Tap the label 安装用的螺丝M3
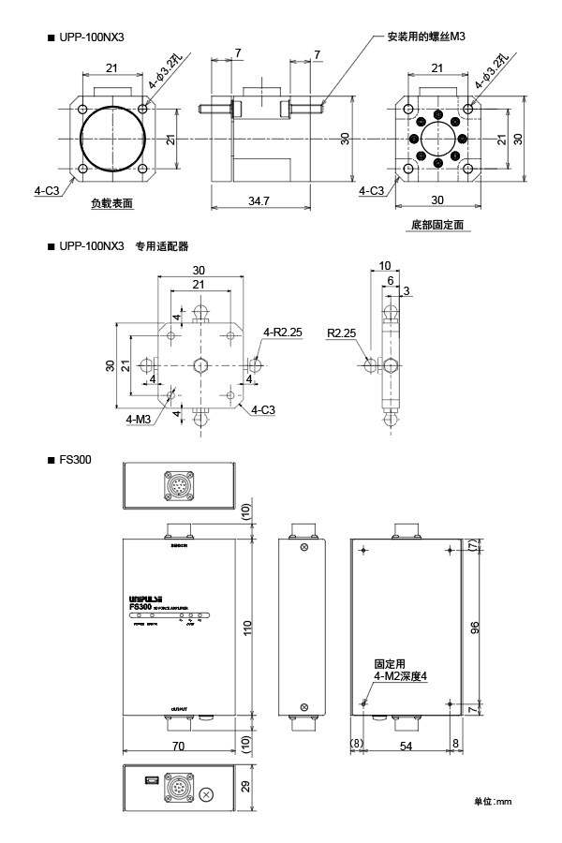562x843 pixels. coord(424,37)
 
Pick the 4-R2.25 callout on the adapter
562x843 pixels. coord(282,332)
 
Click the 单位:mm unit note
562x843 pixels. coord(492,801)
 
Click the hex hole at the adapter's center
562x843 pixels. coord(200,364)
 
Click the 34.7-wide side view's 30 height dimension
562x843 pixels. coord(346,138)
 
